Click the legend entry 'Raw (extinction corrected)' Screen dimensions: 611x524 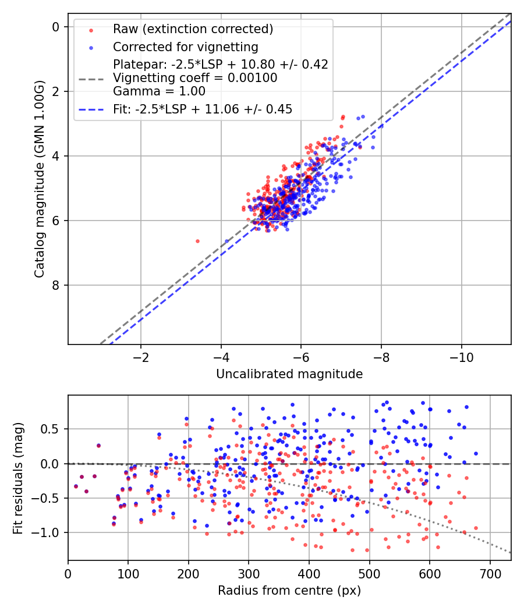(193, 29)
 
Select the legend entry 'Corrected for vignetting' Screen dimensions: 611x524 (186, 47)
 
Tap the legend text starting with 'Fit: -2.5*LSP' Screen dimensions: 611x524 (203, 109)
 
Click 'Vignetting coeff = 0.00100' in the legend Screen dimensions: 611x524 (195, 78)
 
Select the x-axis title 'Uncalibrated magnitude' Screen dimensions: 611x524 (289, 374)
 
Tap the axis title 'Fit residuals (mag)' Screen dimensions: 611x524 (18, 478)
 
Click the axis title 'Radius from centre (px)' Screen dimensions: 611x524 (289, 591)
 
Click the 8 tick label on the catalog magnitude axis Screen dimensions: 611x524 (56, 285)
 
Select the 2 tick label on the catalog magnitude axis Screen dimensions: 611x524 (56, 91)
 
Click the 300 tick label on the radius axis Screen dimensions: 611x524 (249, 574)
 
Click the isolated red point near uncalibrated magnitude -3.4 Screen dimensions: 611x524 (197, 241)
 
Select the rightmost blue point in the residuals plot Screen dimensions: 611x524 (476, 453)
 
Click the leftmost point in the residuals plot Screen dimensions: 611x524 (76, 486)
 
